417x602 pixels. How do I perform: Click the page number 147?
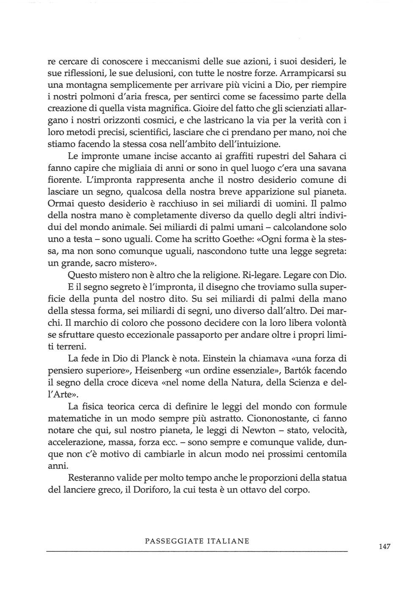tap(384, 547)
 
